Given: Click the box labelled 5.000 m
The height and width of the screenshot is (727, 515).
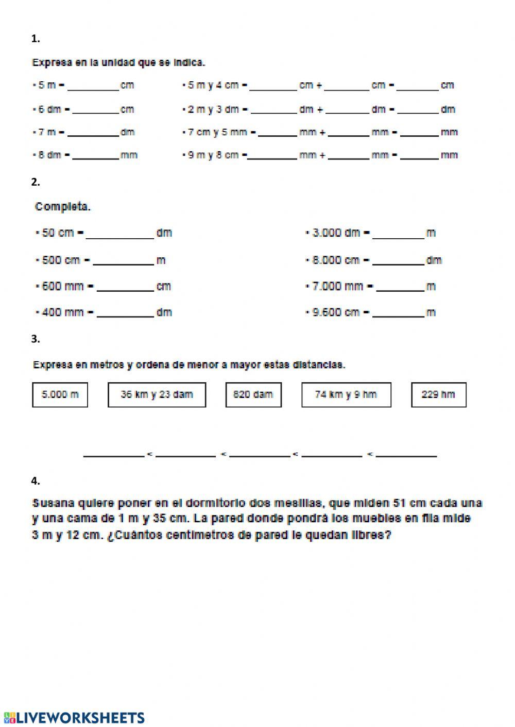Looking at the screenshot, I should tap(60, 395).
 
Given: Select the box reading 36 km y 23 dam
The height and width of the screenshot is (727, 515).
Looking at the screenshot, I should tap(157, 395).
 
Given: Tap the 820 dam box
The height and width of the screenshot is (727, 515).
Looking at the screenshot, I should tap(253, 395).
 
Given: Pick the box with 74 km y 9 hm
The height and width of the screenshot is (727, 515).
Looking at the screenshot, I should tap(346, 395).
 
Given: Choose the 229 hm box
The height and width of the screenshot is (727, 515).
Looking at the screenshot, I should tap(438, 395).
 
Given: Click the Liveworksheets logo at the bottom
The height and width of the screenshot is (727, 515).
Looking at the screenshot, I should tap(74, 718).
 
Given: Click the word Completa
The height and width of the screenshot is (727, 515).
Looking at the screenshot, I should tap(62, 207).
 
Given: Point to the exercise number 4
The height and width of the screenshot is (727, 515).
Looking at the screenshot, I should tap(35, 481).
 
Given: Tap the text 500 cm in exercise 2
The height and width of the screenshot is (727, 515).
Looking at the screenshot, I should tap(61, 260).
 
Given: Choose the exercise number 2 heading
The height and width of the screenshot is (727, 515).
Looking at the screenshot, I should tap(35, 182).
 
